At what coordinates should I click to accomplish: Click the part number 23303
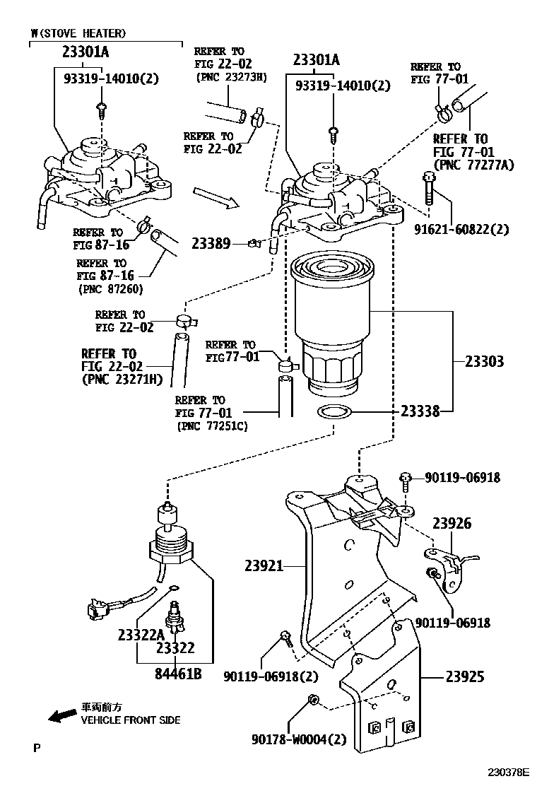(484, 361)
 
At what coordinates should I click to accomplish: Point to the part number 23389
(211, 244)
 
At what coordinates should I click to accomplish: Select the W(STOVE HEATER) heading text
(78, 33)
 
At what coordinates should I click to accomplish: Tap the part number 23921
(264, 565)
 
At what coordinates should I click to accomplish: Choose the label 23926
(452, 523)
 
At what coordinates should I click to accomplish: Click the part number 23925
(464, 676)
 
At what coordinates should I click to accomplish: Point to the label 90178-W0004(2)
(299, 739)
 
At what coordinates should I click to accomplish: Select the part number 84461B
(178, 674)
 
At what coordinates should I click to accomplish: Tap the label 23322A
(141, 634)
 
